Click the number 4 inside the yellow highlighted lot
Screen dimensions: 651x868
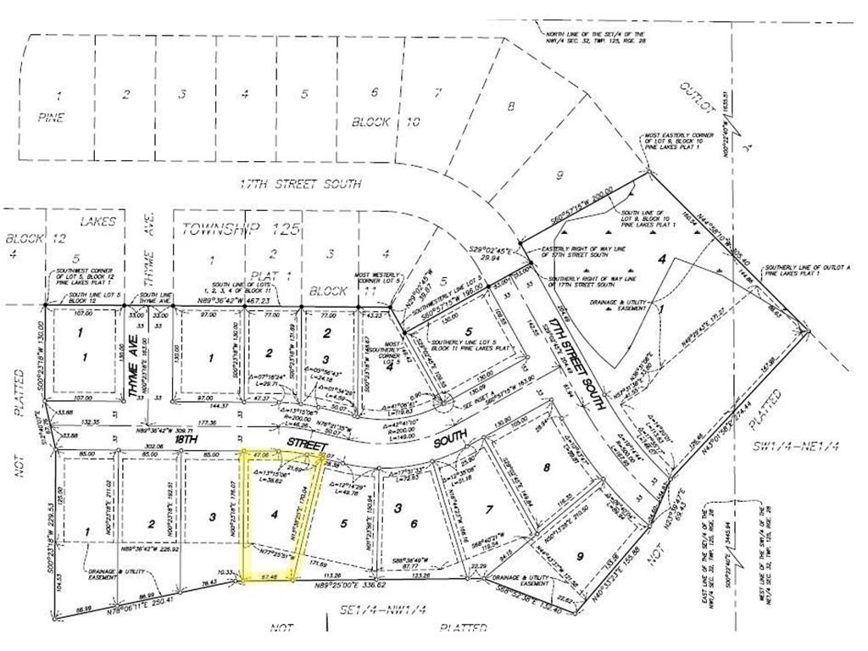(273, 514)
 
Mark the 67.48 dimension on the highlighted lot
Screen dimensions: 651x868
(270, 577)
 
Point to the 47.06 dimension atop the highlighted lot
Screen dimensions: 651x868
(260, 455)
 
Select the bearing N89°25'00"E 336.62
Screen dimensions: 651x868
(351, 584)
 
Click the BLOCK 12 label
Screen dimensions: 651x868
(26, 237)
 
